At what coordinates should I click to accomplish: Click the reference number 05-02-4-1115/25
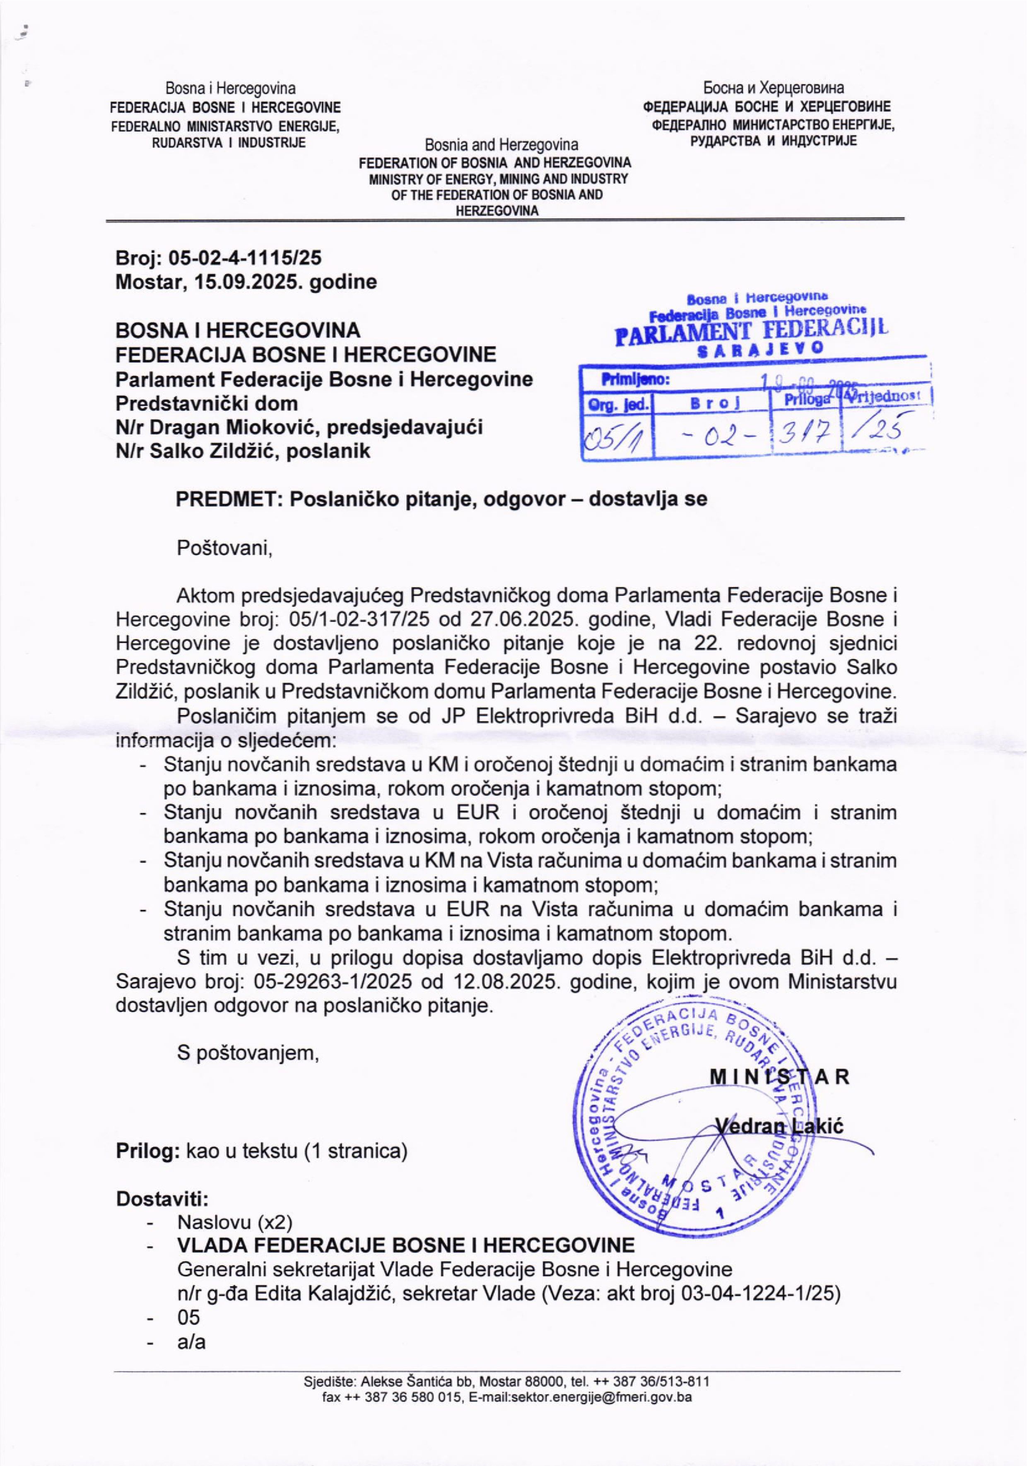pos(245,257)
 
